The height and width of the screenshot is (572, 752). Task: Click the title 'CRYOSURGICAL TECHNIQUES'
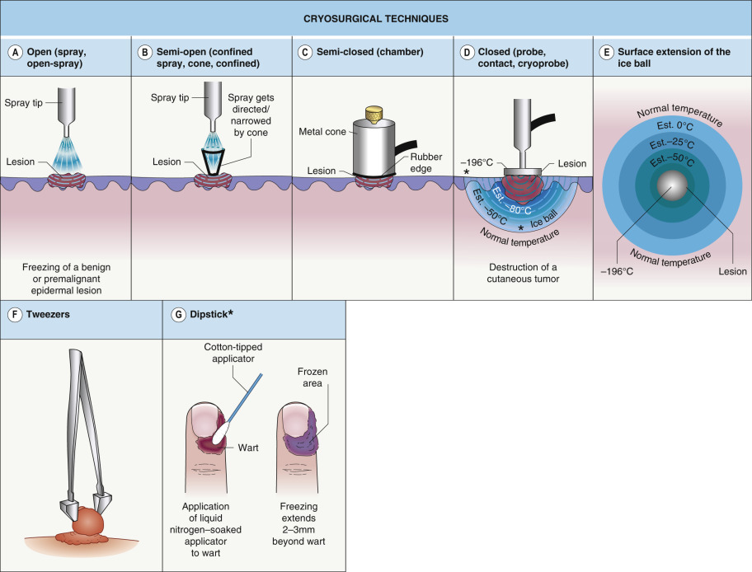(375, 17)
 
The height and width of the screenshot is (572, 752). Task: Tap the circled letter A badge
(13, 52)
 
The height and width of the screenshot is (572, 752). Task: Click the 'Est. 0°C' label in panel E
(671, 124)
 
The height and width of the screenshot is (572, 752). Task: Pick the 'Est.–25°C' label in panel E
(671, 143)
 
